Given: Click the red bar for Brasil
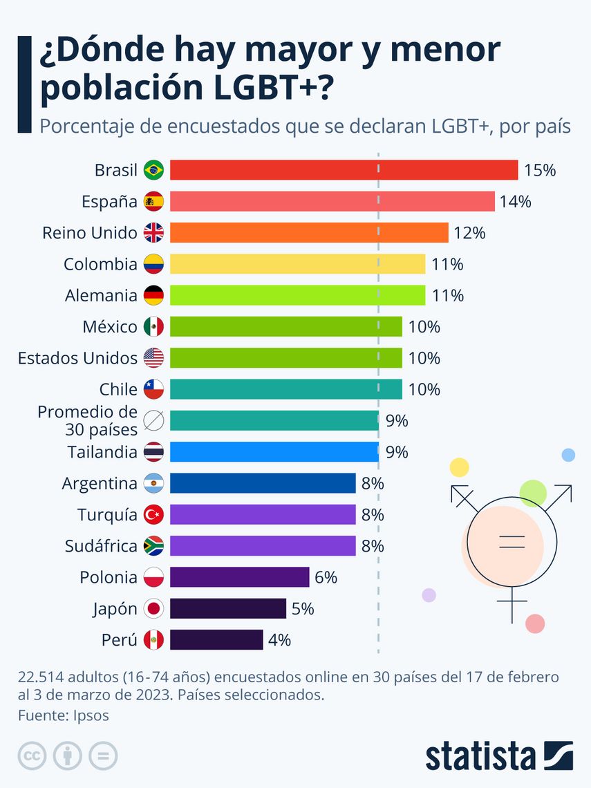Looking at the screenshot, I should tap(344, 170).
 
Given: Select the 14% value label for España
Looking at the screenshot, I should tap(515, 202).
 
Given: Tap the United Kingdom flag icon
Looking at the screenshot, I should tap(153, 233).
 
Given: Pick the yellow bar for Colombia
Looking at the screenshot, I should tap(297, 264).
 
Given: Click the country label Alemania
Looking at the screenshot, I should tap(101, 296).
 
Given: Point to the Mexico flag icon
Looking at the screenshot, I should tap(153, 327).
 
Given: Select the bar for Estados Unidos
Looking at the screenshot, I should tap(285, 358).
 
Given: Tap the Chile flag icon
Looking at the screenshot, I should tap(153, 389).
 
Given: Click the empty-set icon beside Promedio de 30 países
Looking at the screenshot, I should tap(153, 421).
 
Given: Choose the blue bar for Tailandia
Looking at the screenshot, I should tap(274, 452).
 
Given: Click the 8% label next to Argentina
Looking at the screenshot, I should tap(372, 484).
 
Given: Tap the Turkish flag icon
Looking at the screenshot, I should tap(153, 515).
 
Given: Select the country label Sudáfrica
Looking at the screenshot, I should tap(101, 546).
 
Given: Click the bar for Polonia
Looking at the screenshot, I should tap(239, 577).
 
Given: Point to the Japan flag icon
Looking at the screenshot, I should tap(153, 609).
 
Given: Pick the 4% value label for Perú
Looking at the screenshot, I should tap(279, 640).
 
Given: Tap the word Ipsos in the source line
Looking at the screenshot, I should tap(91, 715).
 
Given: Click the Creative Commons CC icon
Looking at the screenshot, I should tap(31, 756).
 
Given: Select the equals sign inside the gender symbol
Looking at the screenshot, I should tap(512, 541).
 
